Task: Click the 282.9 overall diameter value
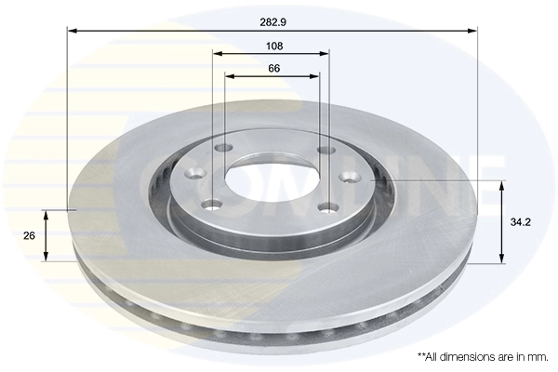pyautogui.click(x=273, y=18)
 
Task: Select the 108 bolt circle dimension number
pyautogui.click(x=273, y=46)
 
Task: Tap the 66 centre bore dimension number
pyautogui.click(x=273, y=68)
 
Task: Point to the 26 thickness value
pyautogui.click(x=29, y=236)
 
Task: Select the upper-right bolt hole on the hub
pyautogui.click(x=325, y=150)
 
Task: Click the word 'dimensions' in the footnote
pyautogui.click(x=467, y=356)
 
